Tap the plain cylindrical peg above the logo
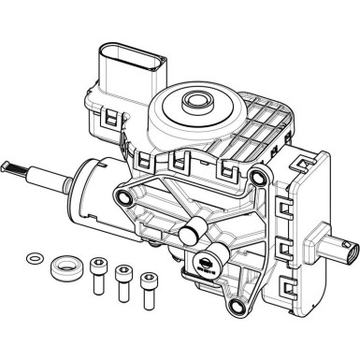193,226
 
